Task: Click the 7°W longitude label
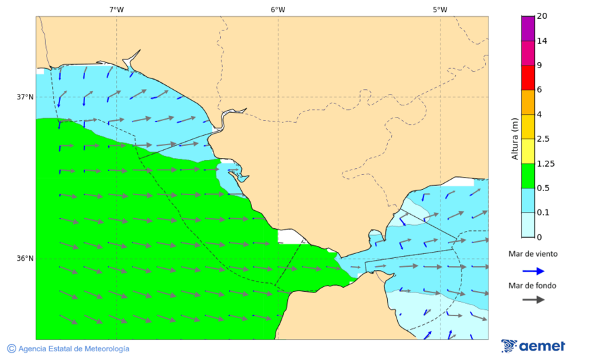coord(116,9)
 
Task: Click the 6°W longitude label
coord(278,9)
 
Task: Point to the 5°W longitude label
coord(440,9)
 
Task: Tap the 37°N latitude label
coord(25,97)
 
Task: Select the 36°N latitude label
coord(25,259)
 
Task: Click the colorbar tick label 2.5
coord(542,139)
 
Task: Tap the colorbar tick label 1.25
coord(544,163)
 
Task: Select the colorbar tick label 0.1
coord(542,213)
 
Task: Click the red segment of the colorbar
coord(528,78)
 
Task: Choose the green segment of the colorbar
coord(528,176)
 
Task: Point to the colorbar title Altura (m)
coord(515,139)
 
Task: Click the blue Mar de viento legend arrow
coord(533,271)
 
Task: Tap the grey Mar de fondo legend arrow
coord(533,299)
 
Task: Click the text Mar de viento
coord(533,254)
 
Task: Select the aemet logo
coord(533,346)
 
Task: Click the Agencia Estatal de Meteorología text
coord(74,349)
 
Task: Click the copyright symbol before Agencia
coord(11,349)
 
